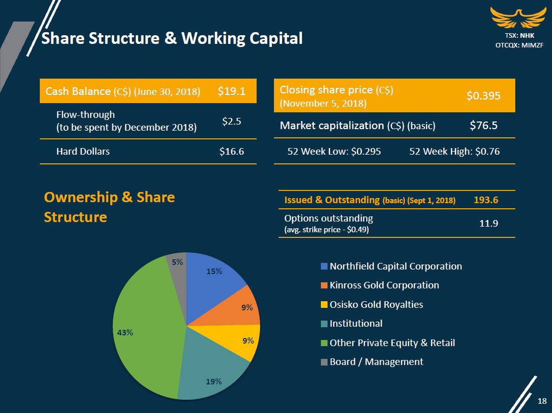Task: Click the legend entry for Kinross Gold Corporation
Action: coord(384,285)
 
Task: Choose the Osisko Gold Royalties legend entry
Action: coord(376,305)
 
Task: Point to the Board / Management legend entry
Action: coord(376,362)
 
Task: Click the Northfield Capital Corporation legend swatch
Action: coord(324,266)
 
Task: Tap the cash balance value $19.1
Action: coord(232,91)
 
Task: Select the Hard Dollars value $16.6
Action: coord(231,151)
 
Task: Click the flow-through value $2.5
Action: coord(232,121)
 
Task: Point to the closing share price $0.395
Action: coord(483,95)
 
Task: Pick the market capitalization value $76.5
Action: coord(484,126)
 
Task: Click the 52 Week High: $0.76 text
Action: coord(455,151)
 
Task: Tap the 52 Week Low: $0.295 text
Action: coord(334,151)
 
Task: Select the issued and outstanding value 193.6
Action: coord(486,200)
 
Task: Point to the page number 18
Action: coord(542,401)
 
